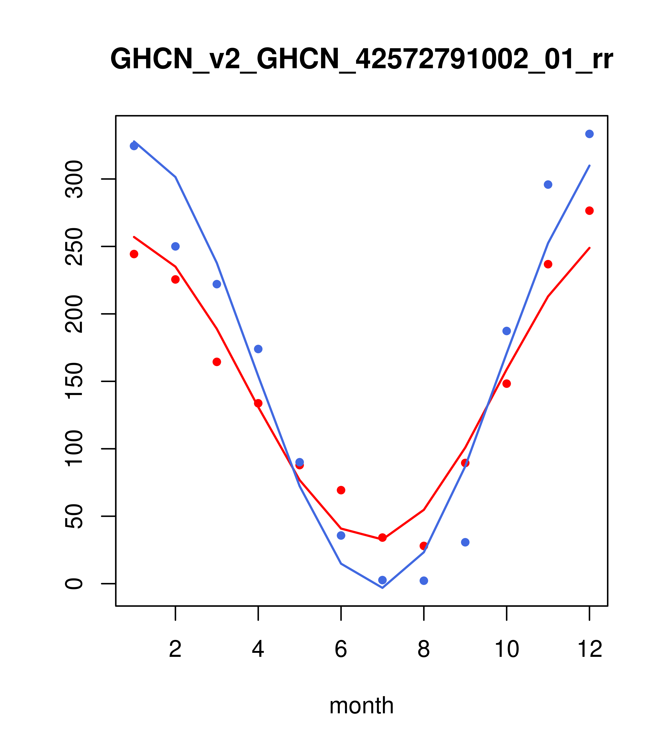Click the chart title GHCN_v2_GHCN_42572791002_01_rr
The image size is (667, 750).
362,60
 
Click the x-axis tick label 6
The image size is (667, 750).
341,650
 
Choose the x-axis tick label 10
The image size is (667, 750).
506,650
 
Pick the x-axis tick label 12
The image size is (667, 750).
590,650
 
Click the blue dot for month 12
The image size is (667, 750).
590,134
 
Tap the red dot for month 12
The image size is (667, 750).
590,211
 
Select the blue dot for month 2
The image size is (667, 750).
176,246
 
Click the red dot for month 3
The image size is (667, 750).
217,362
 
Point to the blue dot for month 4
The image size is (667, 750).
258,349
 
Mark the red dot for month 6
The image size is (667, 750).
341,490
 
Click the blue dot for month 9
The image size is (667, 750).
465,542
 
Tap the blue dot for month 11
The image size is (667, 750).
548,185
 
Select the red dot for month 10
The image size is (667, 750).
506,384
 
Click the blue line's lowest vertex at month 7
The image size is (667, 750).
382,588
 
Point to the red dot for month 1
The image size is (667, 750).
134,254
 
